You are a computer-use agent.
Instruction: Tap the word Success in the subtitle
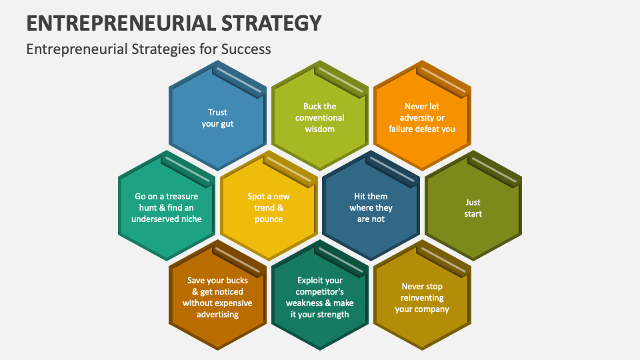tap(245, 49)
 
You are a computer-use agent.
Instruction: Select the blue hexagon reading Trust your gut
tap(217, 118)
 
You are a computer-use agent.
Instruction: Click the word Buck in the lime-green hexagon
tap(311, 106)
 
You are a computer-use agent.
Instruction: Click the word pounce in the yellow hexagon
tap(269, 219)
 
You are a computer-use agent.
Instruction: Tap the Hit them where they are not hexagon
tap(371, 207)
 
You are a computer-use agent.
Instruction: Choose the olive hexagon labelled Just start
tap(473, 208)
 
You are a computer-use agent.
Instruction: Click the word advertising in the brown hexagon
tap(217, 315)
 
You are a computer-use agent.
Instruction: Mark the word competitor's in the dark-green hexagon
tap(320, 291)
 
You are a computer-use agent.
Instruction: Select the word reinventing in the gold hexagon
tap(422, 298)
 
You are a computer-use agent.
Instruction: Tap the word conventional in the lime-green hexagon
tap(320, 117)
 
